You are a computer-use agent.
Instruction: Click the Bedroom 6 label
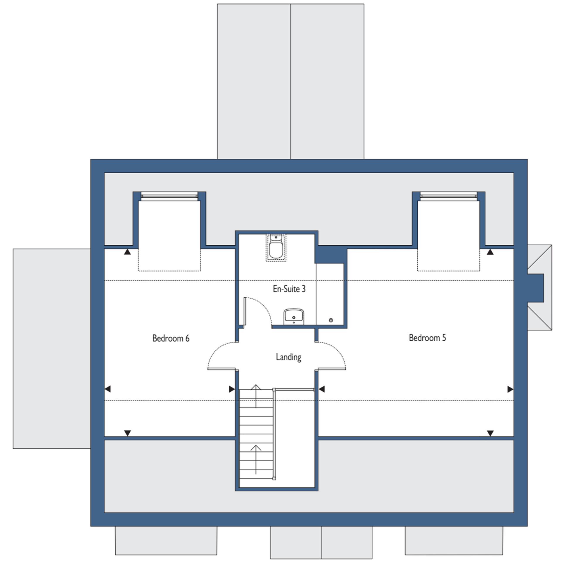click(x=171, y=338)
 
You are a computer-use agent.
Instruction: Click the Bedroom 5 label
click(x=427, y=338)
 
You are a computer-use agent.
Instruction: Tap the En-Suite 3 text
click(x=289, y=289)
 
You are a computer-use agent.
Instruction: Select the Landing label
click(x=289, y=357)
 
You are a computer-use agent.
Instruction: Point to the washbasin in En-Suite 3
click(x=294, y=316)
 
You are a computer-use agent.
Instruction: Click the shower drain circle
click(x=331, y=320)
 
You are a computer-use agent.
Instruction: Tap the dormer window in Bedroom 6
click(x=169, y=196)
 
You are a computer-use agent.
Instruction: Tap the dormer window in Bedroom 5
click(x=448, y=196)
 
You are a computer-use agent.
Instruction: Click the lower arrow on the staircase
click(x=256, y=459)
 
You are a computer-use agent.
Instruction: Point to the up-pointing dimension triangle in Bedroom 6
click(x=127, y=252)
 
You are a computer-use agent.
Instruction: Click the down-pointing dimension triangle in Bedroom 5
click(x=490, y=433)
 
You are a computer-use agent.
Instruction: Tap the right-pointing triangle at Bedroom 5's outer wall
click(x=510, y=389)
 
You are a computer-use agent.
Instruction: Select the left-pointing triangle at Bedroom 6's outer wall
click(x=108, y=389)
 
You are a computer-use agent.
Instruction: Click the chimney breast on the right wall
click(x=536, y=288)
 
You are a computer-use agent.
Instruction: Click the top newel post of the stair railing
click(x=274, y=390)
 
